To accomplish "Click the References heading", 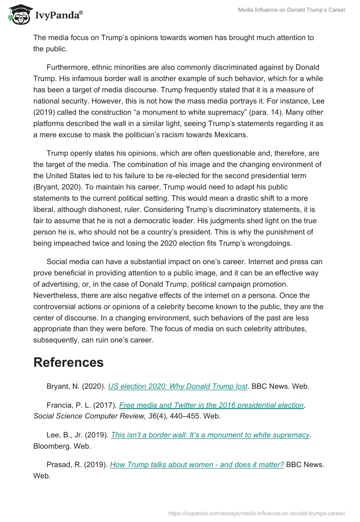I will click(68, 362).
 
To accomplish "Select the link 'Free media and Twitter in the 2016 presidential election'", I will click(211, 405).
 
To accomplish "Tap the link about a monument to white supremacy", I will click(210, 435).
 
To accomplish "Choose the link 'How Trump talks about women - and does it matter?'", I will click(197, 464).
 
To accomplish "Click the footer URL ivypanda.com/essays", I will click(256, 513).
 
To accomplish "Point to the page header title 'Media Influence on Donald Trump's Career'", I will click(291, 10).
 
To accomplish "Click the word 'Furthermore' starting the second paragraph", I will click(67, 67).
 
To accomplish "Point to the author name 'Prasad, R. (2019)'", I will click(76, 464).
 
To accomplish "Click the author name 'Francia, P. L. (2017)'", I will click(81, 405).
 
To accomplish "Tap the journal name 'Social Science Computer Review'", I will click(84, 416).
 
